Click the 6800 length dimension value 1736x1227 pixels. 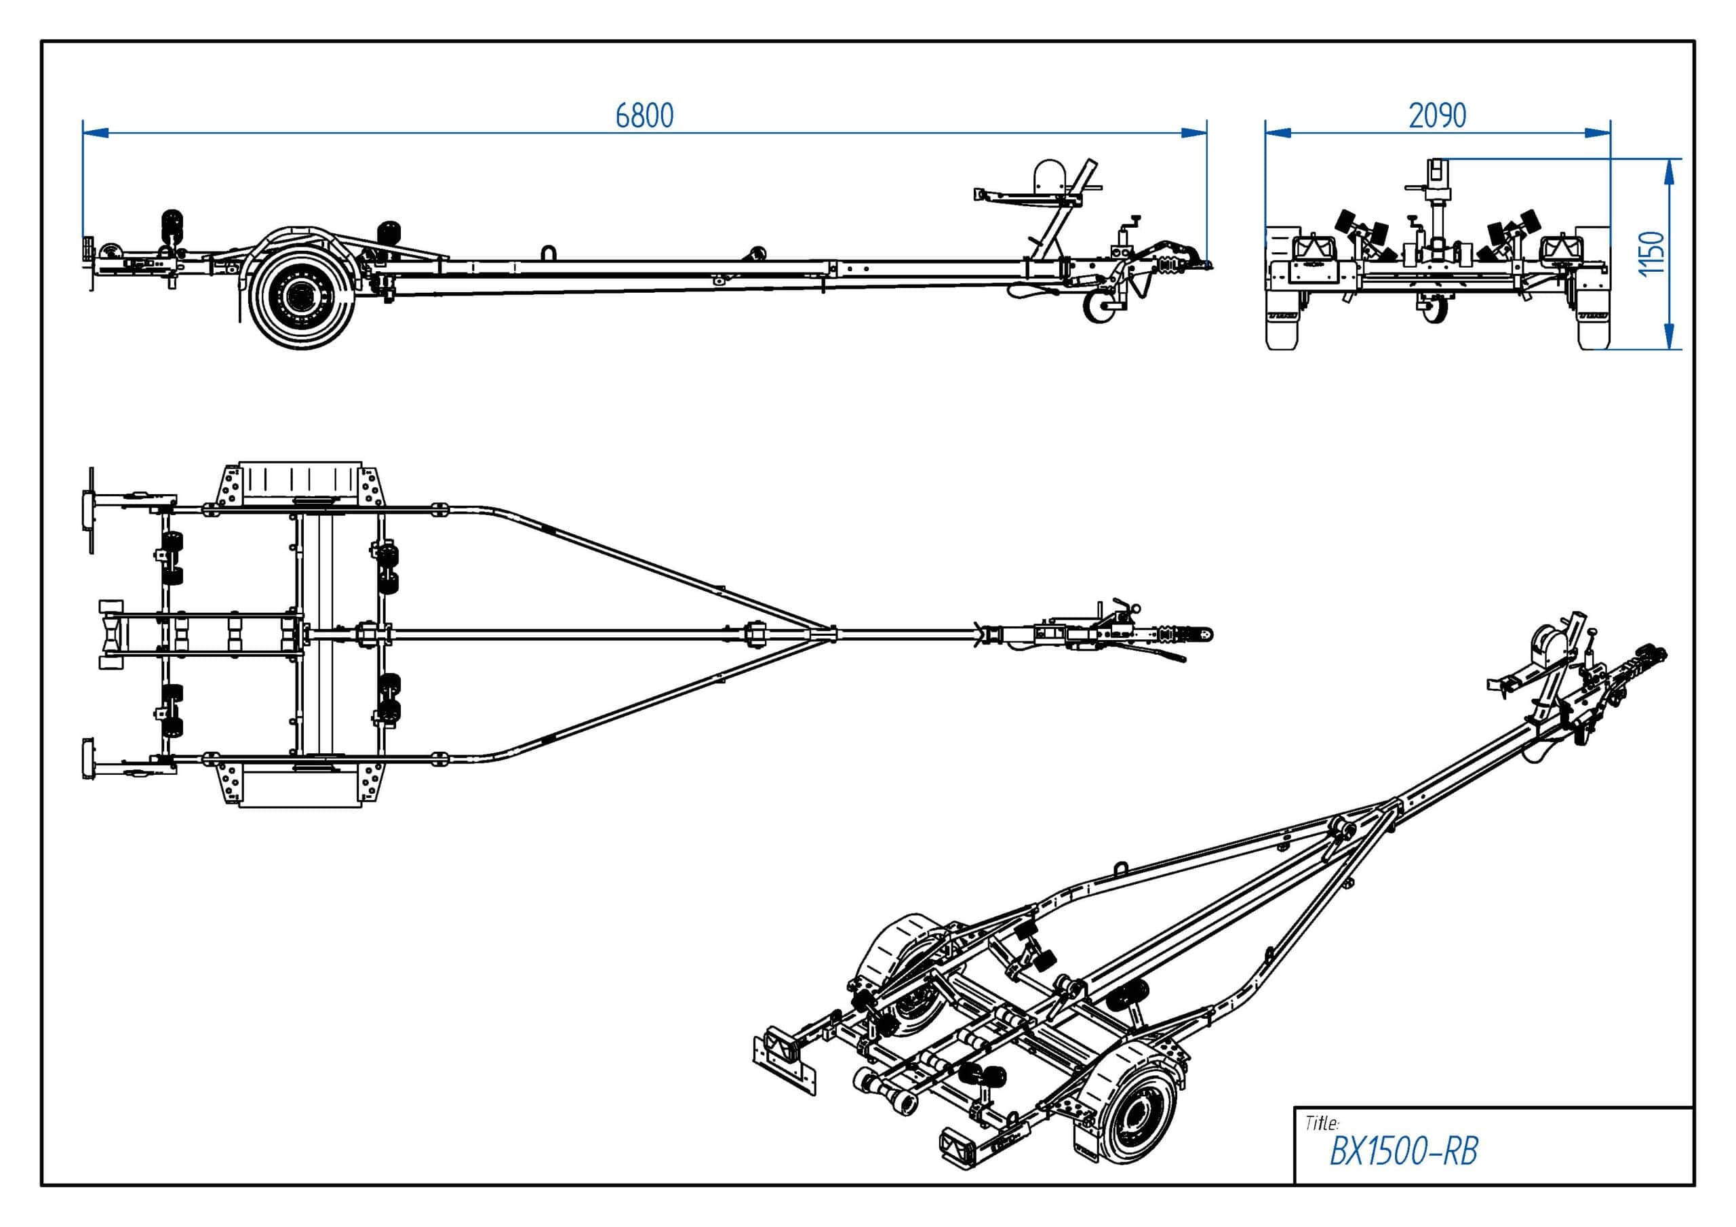pos(644,116)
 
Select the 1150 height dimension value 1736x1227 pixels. pos(1652,254)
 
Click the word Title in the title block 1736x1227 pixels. pos(1322,1123)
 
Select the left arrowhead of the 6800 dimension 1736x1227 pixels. pos(95,133)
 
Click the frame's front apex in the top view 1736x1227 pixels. pos(831,634)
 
